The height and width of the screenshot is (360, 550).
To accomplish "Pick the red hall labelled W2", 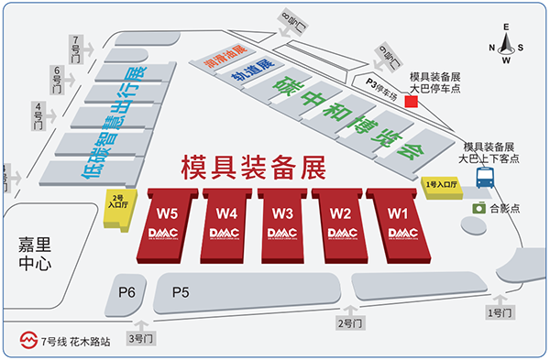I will coord(340,224).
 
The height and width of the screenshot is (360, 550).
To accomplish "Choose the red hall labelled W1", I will coord(397,224).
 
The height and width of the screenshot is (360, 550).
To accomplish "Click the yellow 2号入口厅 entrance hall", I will coord(117,202).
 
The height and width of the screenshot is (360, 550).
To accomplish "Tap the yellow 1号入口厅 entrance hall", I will coord(442,187).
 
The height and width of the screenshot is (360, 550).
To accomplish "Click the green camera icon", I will coord(478,208).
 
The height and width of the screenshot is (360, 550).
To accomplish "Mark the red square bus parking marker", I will coord(412,102).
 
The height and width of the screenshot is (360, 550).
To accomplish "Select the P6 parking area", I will coord(127,291).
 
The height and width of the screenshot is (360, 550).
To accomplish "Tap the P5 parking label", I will coord(181,291).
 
